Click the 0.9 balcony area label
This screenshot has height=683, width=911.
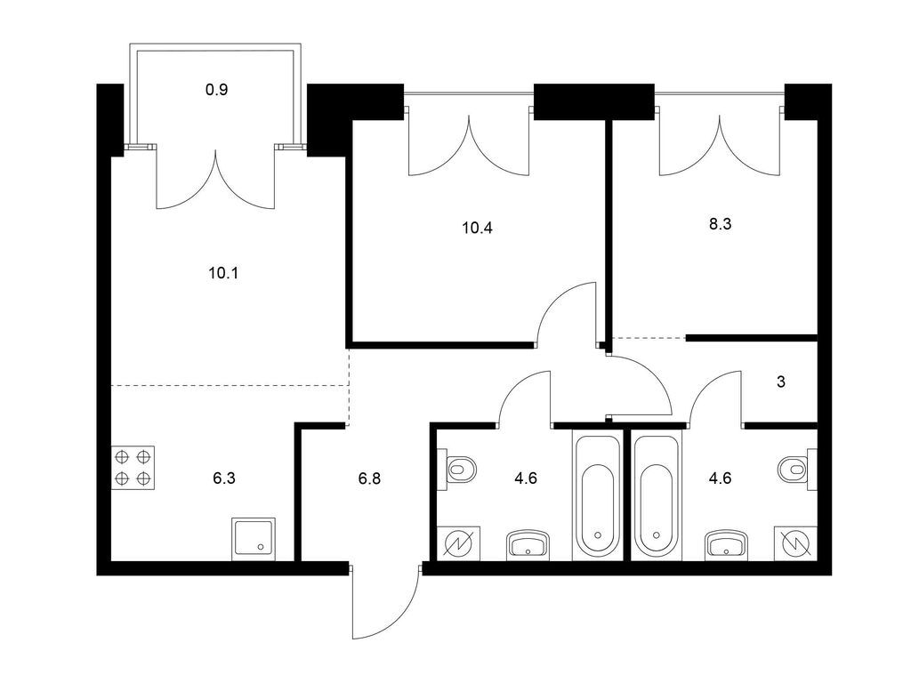216,90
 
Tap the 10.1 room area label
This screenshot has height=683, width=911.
223,273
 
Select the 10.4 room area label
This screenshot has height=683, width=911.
477,228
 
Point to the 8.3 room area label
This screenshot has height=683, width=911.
720,224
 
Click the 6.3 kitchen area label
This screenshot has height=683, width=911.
223,478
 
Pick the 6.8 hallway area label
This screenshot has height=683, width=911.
369,478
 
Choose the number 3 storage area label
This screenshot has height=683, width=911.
781,382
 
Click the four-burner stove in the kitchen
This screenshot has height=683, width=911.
133,468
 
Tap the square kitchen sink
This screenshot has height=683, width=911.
254,540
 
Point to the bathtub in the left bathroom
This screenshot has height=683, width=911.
597,495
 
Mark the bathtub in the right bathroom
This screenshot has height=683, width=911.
657,495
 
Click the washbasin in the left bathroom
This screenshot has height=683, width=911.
528,545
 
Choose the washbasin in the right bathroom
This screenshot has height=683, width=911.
726,545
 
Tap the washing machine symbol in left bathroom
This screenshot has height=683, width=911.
459,544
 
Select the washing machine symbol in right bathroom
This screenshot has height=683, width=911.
795,544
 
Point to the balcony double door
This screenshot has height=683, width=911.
215,178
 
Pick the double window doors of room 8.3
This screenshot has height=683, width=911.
719,143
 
